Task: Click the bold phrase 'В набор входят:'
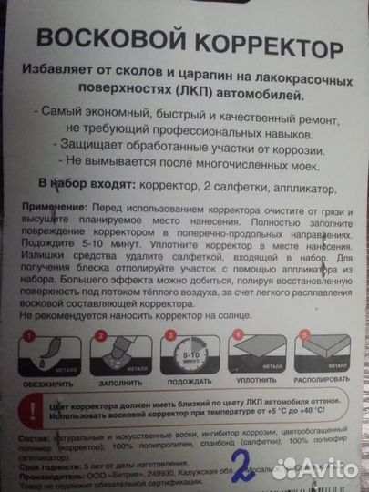tap(79, 185)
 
